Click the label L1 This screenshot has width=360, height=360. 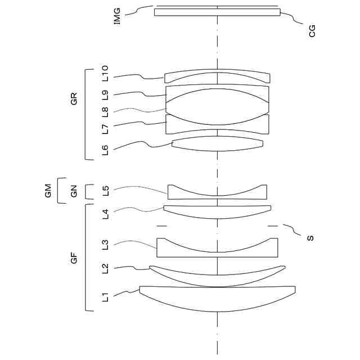click(x=105, y=296)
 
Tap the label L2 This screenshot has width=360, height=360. click(x=105, y=269)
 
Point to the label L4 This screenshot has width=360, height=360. click(x=105, y=213)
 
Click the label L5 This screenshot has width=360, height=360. click(x=105, y=190)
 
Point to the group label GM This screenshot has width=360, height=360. click(x=48, y=191)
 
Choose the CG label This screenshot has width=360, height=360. click(x=313, y=30)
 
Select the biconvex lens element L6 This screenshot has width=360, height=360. click(x=217, y=144)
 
